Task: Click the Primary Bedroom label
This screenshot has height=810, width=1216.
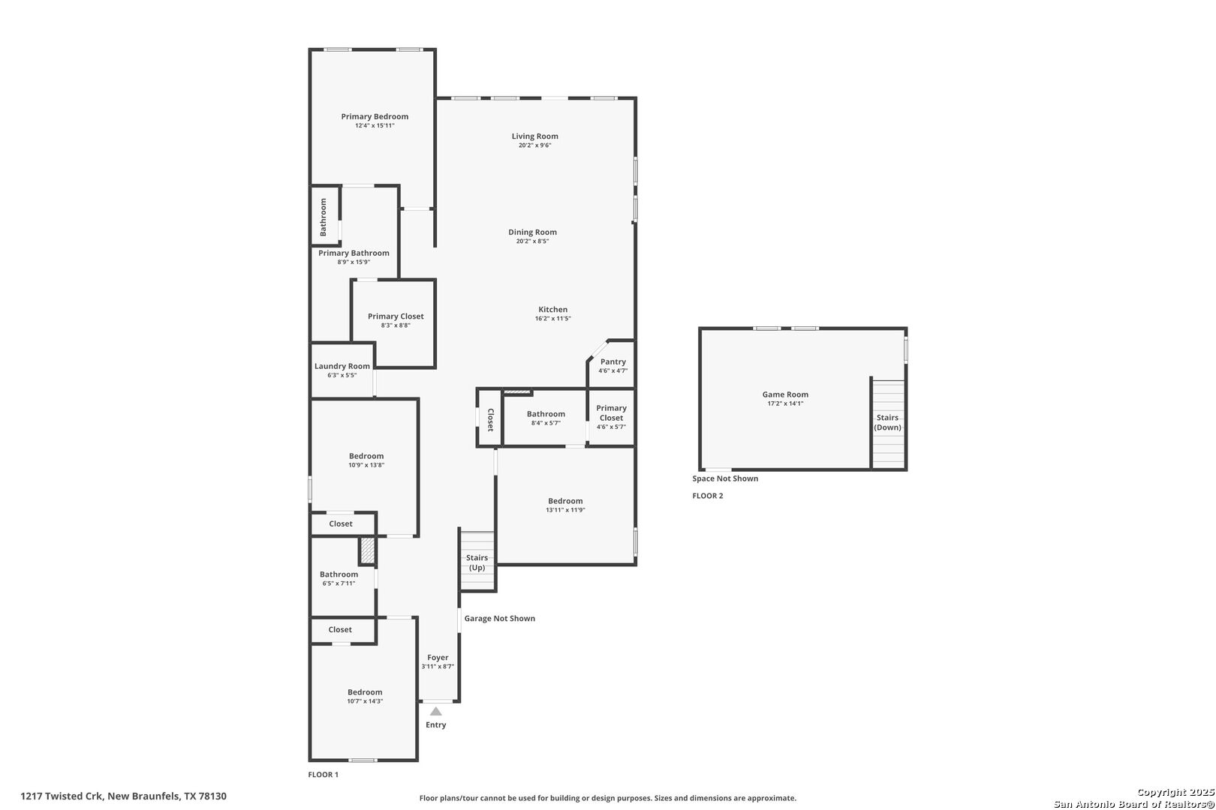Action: tap(375, 116)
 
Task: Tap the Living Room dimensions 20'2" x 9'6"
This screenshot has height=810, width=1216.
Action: tap(534, 145)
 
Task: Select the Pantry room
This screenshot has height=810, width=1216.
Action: tap(613, 365)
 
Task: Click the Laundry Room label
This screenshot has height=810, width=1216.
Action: tap(342, 366)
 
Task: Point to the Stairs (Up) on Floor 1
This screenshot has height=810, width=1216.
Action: tap(477, 562)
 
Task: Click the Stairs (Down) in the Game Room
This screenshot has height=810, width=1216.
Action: tap(887, 422)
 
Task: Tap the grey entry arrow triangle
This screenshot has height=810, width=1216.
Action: tap(435, 711)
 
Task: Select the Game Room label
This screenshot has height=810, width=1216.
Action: tap(785, 394)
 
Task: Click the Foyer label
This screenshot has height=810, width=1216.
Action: tap(438, 658)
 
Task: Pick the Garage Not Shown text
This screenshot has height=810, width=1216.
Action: tap(499, 619)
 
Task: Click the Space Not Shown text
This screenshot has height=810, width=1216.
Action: tap(725, 478)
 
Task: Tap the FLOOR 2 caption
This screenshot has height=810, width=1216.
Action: tap(707, 496)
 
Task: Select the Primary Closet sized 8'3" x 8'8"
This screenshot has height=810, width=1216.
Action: tap(396, 320)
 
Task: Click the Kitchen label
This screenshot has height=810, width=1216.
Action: tap(552, 310)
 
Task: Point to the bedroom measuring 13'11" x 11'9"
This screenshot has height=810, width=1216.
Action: tap(565, 505)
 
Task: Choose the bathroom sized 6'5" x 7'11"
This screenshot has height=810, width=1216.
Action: tap(339, 578)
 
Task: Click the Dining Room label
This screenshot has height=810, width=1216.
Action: tap(532, 232)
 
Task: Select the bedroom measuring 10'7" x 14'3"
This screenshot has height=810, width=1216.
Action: tap(365, 696)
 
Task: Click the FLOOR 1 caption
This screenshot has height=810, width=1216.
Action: tap(324, 775)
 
